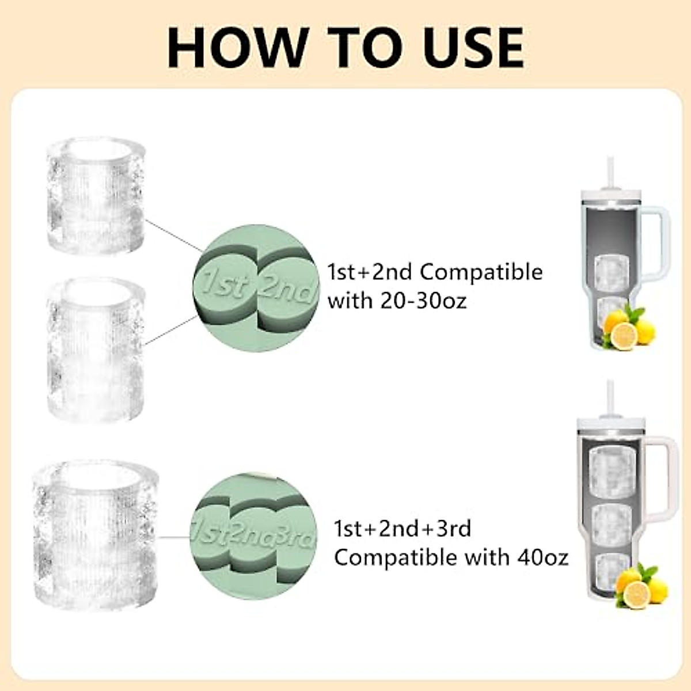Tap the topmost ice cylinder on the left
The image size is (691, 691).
pos(95,196)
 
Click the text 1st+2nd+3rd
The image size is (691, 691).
pos(403,528)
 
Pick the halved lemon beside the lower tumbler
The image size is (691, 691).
pos(636,594)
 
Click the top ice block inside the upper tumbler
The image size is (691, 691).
pos(612,272)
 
